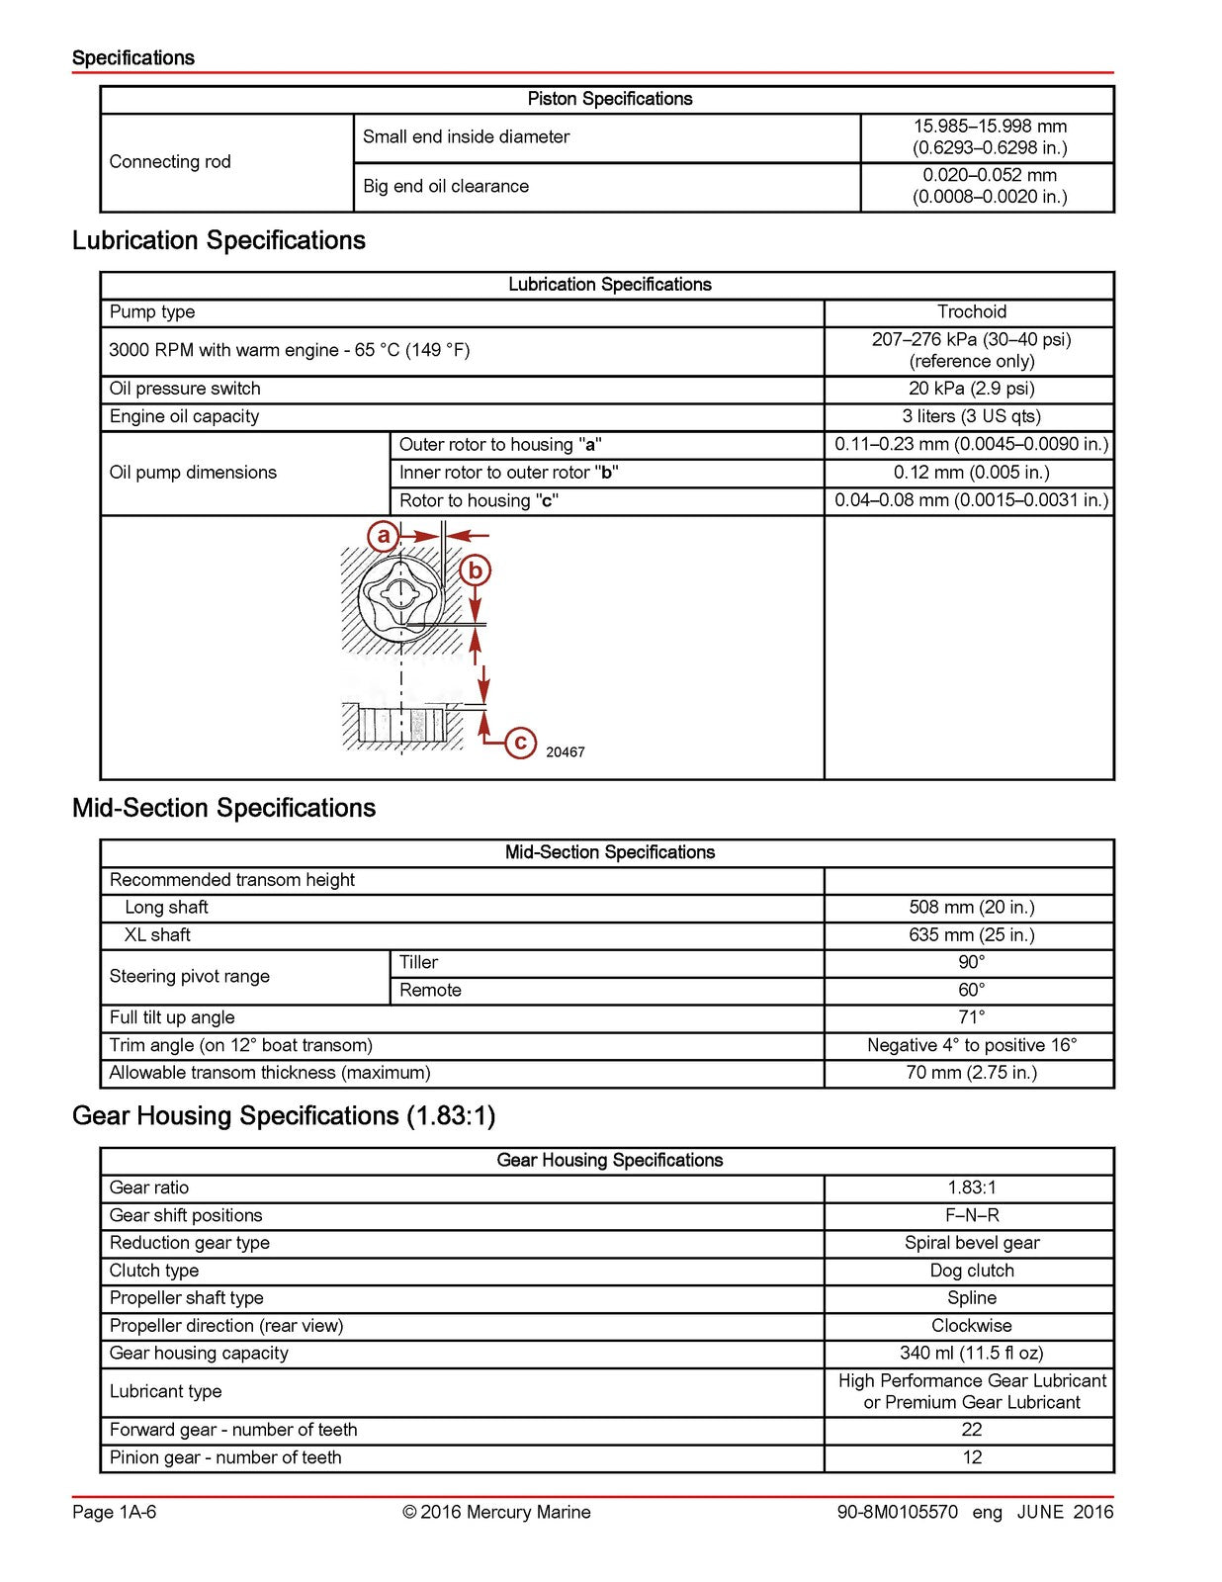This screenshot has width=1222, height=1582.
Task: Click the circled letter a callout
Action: [383, 537]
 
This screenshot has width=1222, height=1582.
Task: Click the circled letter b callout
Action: [476, 571]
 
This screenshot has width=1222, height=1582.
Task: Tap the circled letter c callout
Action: [520, 743]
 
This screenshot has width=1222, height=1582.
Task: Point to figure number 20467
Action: [566, 752]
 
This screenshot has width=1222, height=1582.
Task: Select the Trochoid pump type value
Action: [971, 312]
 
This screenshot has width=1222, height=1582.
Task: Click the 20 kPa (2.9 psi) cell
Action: [971, 389]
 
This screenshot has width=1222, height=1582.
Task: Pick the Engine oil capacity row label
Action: [184, 416]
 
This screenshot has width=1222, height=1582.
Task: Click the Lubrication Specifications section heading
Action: [218, 240]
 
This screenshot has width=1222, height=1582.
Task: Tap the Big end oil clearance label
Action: [445, 187]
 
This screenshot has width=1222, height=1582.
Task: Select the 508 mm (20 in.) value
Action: [971, 908]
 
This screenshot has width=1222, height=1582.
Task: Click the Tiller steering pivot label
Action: [418, 963]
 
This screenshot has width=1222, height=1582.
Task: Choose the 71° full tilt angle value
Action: [971, 1017]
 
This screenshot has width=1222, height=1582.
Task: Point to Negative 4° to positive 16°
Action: [971, 1045]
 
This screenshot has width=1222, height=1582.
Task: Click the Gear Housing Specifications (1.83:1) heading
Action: [284, 1116]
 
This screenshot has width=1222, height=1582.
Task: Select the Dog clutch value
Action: [971, 1271]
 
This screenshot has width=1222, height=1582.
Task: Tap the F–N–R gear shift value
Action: [971, 1215]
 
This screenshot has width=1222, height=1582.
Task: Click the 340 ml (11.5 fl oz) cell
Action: [971, 1354]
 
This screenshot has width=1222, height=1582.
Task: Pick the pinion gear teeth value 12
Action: [971, 1457]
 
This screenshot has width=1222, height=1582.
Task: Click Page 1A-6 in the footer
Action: [114, 1512]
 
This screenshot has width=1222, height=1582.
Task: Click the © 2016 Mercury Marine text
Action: [496, 1512]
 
